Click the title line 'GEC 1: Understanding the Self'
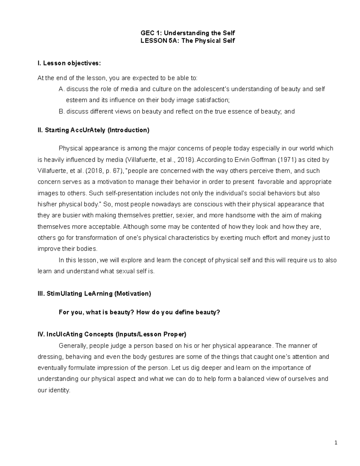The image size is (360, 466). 188,33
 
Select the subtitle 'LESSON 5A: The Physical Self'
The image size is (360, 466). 188,41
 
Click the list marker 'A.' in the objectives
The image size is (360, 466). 61,89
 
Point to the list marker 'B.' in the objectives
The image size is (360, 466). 61,112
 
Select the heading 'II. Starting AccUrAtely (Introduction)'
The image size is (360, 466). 93,130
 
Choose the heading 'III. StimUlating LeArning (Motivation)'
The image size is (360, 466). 94,294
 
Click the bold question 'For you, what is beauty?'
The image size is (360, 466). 96,312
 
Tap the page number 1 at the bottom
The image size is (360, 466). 336,443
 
